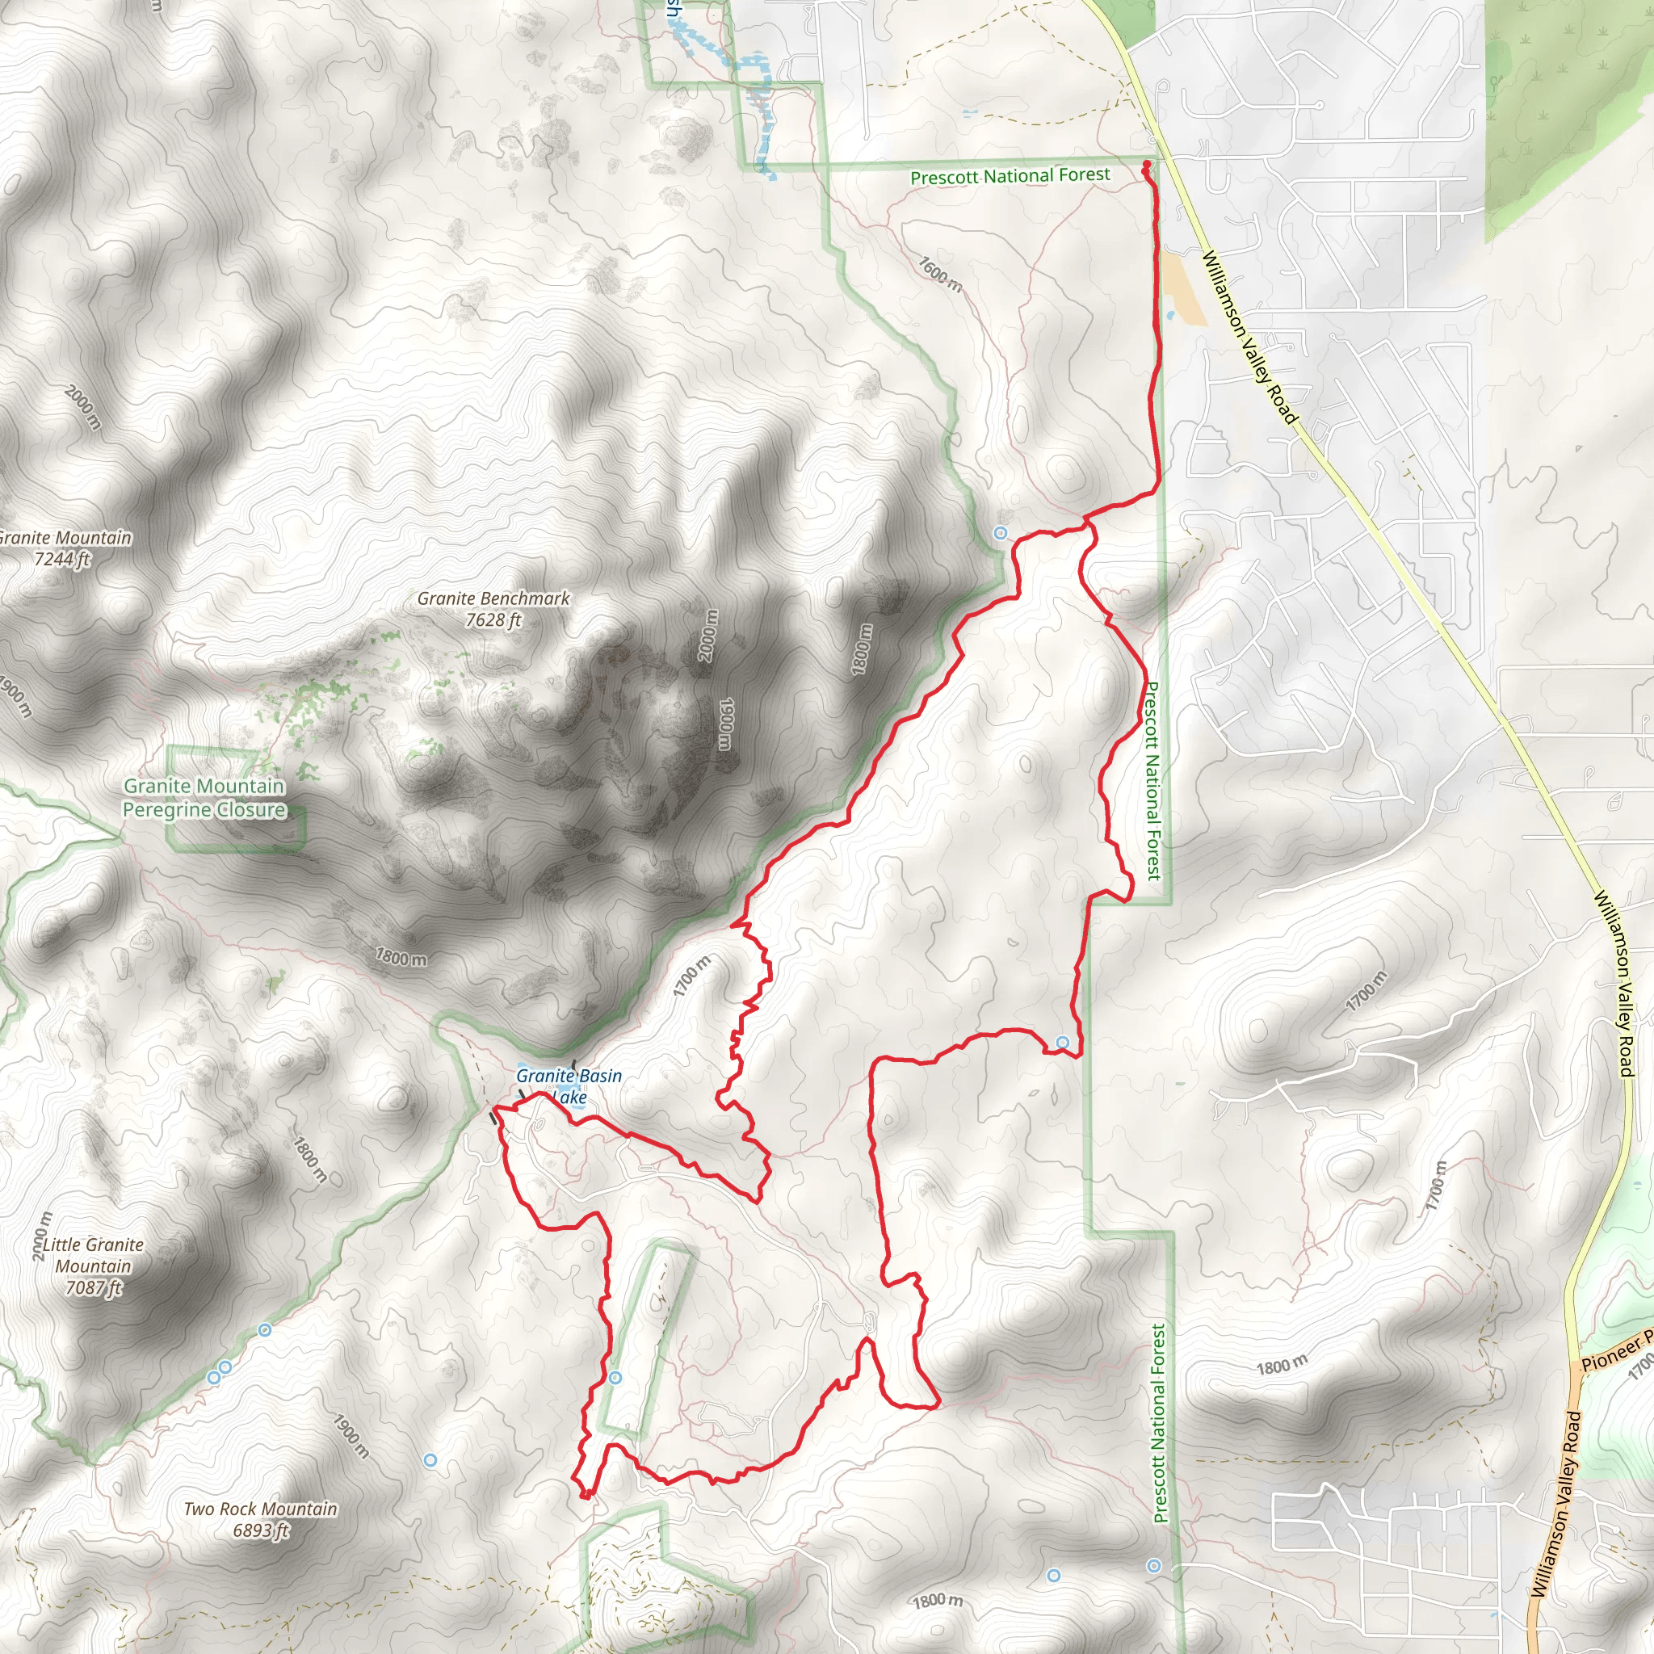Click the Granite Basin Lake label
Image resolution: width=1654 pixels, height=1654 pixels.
click(569, 1085)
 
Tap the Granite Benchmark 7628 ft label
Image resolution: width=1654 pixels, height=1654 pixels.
click(493, 609)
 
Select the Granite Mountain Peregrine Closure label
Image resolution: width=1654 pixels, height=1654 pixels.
click(204, 797)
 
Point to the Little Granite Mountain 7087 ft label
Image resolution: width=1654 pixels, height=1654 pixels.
click(94, 1266)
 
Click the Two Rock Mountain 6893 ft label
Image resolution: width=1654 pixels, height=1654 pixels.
click(260, 1519)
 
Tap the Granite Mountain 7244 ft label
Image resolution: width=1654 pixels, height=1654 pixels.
click(65, 548)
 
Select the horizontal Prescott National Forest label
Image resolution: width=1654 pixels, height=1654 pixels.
click(1010, 176)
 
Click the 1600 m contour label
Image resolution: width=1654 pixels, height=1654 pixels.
click(941, 274)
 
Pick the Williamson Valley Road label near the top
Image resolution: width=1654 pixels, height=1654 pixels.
click(1250, 337)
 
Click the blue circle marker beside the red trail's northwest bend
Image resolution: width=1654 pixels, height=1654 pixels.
click(1000, 533)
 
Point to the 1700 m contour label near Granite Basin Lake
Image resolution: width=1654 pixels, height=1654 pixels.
click(692, 976)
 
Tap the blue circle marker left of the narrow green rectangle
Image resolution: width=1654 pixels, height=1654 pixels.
click(615, 1378)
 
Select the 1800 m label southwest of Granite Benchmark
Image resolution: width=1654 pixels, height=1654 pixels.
click(401, 957)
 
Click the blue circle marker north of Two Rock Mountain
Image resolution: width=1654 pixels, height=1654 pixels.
click(430, 1459)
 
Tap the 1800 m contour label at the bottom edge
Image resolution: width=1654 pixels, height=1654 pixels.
click(938, 1600)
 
